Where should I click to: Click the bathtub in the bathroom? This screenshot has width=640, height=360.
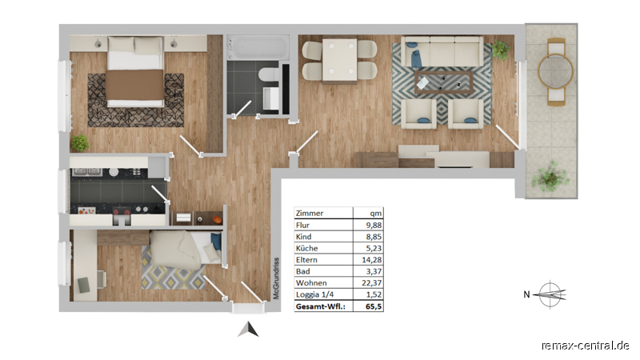click(x=258, y=47)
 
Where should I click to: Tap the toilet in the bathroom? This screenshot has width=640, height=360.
click(x=268, y=75)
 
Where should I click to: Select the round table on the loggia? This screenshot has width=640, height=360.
click(x=555, y=71)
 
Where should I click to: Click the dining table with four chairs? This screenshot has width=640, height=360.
click(x=339, y=59)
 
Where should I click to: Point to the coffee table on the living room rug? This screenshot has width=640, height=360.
click(x=444, y=82)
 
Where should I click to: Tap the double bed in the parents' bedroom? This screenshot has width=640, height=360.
click(x=135, y=72)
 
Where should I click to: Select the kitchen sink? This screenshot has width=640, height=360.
click(x=87, y=172)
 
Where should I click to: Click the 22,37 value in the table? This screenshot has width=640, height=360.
click(x=371, y=283)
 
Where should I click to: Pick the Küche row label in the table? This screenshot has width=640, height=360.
click(x=306, y=248)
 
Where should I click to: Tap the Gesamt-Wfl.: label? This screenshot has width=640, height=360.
click(x=321, y=306)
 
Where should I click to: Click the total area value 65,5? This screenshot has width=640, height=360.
click(x=374, y=306)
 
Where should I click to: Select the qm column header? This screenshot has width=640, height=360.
click(x=375, y=214)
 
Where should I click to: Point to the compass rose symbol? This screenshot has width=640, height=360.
click(x=550, y=294)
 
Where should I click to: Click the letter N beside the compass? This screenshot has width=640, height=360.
click(x=526, y=294)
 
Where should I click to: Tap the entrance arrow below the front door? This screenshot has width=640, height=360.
click(x=248, y=329)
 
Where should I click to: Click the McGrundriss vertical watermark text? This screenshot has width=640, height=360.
click(x=276, y=278)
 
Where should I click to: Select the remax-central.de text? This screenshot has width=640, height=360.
click(x=586, y=346)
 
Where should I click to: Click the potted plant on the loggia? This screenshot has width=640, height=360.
click(x=550, y=176)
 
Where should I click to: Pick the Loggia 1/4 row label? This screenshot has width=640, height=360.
click(x=314, y=294)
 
